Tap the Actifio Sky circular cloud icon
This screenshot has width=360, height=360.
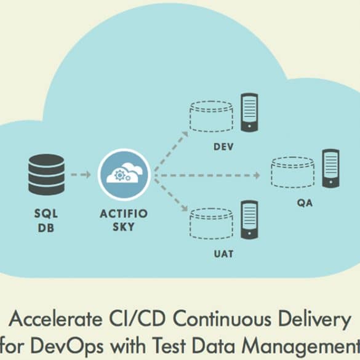124,175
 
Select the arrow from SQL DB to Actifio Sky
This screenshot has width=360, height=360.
81,175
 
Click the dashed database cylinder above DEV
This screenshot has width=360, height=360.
211,116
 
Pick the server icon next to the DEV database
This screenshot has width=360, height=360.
249,113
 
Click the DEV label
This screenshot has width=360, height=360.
223,147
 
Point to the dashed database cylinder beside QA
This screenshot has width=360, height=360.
293,172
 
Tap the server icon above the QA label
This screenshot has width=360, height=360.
330,168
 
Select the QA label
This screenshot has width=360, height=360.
305,203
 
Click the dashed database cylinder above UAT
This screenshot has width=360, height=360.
211,224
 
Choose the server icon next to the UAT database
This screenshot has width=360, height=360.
249,220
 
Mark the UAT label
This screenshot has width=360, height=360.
223,254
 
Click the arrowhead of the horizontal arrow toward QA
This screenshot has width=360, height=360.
257,175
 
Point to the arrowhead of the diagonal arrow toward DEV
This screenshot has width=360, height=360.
185,134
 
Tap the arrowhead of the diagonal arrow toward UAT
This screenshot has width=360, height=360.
185,208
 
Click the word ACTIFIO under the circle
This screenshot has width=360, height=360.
124,214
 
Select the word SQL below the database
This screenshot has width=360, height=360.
46,214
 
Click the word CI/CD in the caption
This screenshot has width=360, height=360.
137,319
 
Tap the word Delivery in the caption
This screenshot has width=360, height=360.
315,319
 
